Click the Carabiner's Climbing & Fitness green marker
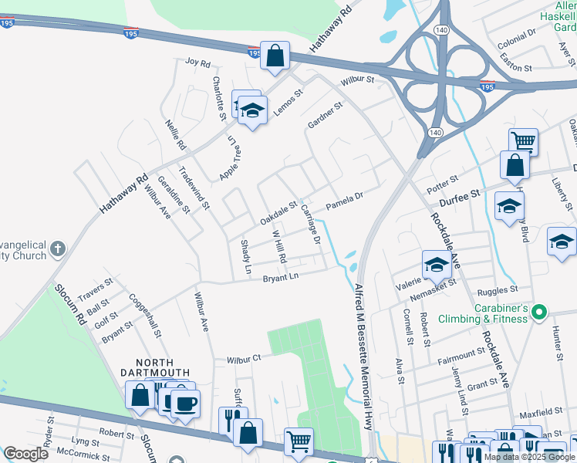[x=540, y=313]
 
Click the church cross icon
[x=58, y=248]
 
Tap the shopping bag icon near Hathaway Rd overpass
[x=275, y=56]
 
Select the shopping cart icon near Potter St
[x=523, y=140]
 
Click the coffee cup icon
[x=185, y=402]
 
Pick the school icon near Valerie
[x=436, y=265]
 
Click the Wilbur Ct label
[x=245, y=360]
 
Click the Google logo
[x=25, y=454]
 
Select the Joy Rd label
[x=198, y=62]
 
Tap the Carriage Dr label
[x=310, y=225]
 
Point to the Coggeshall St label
[x=145, y=316]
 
